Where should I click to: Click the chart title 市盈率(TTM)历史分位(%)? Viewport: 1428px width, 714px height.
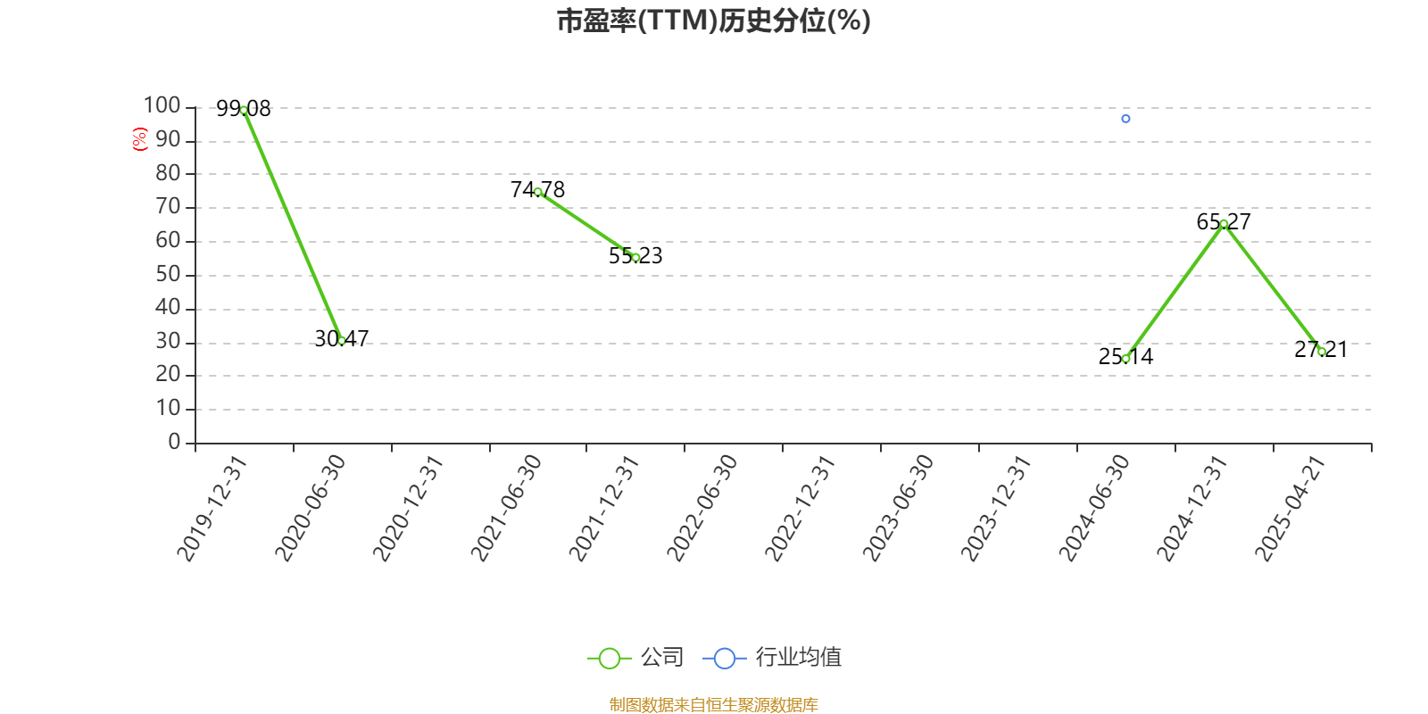[713, 21]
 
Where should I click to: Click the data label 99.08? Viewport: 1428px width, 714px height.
[244, 109]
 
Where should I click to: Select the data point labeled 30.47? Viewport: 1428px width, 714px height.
[342, 341]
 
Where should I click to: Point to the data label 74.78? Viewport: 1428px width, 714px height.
[537, 189]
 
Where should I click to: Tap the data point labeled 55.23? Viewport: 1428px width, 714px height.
[635, 258]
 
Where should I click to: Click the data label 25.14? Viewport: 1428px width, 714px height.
[1125, 357]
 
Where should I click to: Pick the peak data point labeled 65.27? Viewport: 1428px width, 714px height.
[1224, 224]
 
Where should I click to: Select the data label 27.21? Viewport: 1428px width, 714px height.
[1321, 349]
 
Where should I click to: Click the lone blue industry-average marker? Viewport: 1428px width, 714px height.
[1125, 119]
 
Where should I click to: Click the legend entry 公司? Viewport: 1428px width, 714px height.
[636, 658]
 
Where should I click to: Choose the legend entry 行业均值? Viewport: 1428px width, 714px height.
[773, 658]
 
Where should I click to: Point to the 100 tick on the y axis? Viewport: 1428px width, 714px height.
[162, 106]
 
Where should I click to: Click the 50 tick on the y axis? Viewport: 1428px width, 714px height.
[168, 275]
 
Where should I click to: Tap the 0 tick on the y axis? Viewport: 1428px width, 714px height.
[174, 443]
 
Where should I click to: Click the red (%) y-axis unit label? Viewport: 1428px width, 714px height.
[139, 139]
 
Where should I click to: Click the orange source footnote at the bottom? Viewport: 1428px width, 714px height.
[713, 705]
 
